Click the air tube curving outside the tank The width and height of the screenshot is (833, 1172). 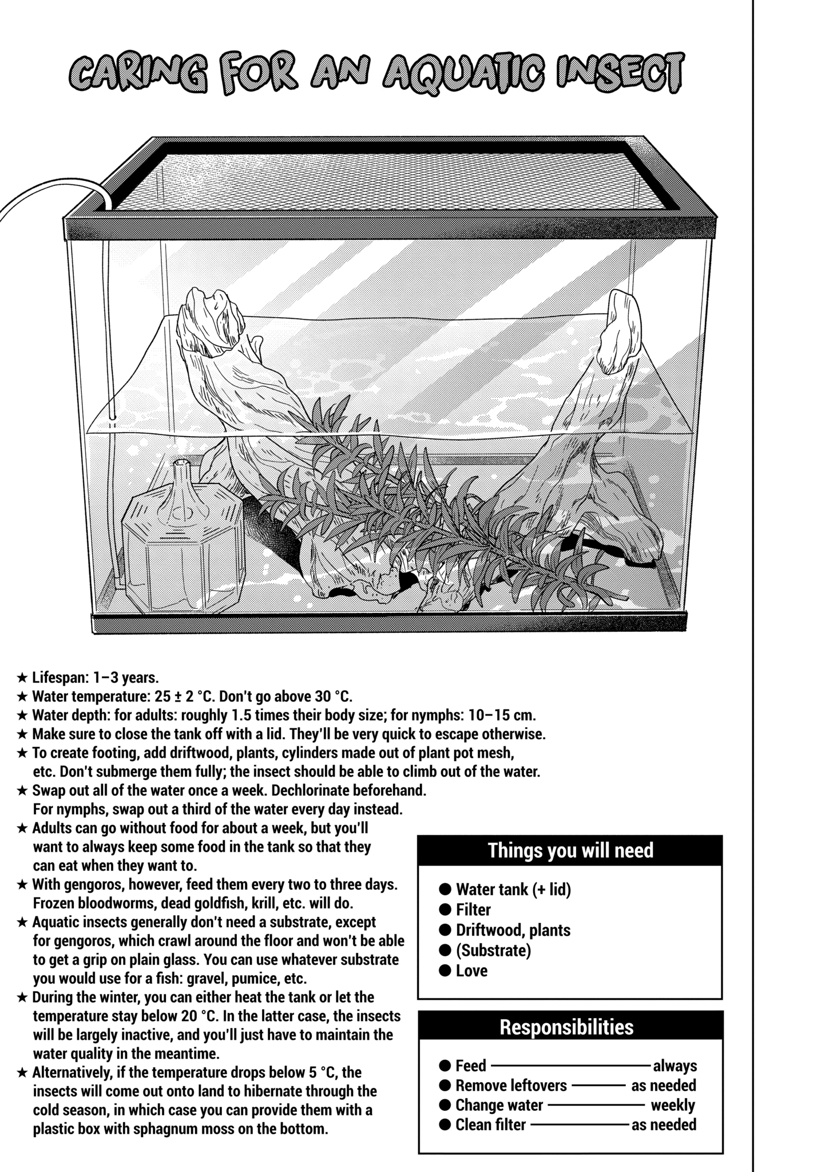click(x=46, y=195)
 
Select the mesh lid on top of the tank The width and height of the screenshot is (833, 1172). click(x=389, y=177)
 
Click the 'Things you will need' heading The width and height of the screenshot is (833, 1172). click(x=570, y=850)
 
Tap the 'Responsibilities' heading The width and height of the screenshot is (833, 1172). click(x=566, y=1027)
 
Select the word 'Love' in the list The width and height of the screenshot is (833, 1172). click(x=471, y=971)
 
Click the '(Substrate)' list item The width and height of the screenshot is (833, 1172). click(x=493, y=950)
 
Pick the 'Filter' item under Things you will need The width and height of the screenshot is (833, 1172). click(x=473, y=910)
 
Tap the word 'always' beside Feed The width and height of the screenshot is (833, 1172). click(x=675, y=1066)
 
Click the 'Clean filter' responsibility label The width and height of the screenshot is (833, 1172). click(x=490, y=1125)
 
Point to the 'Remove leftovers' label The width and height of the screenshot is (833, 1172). click(x=510, y=1085)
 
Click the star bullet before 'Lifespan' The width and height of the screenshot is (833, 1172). click(x=22, y=678)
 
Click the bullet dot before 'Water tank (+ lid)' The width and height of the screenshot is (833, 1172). click(x=445, y=889)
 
